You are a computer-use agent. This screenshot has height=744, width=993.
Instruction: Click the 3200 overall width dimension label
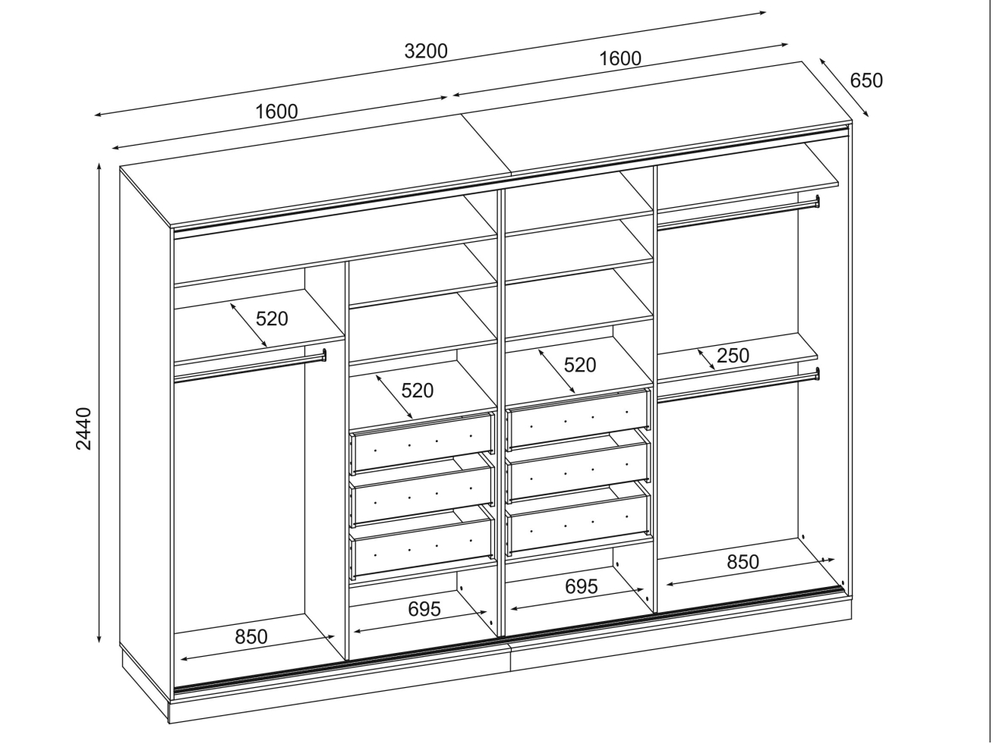[426, 51]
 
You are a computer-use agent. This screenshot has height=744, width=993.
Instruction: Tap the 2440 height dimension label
[84, 429]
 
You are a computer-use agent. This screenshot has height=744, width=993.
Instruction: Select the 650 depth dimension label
[866, 80]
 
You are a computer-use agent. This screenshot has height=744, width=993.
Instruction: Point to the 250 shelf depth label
[733, 356]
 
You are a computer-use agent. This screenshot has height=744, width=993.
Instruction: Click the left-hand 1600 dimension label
[277, 111]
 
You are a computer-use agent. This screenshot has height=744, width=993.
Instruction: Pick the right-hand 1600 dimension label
[620, 58]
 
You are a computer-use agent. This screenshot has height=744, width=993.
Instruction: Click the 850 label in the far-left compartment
[251, 636]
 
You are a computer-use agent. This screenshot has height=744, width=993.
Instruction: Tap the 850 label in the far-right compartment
[742, 562]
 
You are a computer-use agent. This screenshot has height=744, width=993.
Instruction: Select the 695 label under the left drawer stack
[424, 609]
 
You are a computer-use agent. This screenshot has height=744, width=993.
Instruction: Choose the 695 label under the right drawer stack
[582, 586]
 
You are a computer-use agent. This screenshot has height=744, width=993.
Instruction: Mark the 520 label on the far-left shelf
[272, 319]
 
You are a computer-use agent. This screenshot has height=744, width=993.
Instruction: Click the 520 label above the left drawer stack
[417, 391]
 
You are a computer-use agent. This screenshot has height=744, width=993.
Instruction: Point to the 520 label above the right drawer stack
[580, 365]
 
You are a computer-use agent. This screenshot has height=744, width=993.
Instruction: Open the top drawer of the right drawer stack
[578, 419]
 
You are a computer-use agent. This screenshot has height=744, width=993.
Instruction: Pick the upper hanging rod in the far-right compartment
[739, 213]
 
